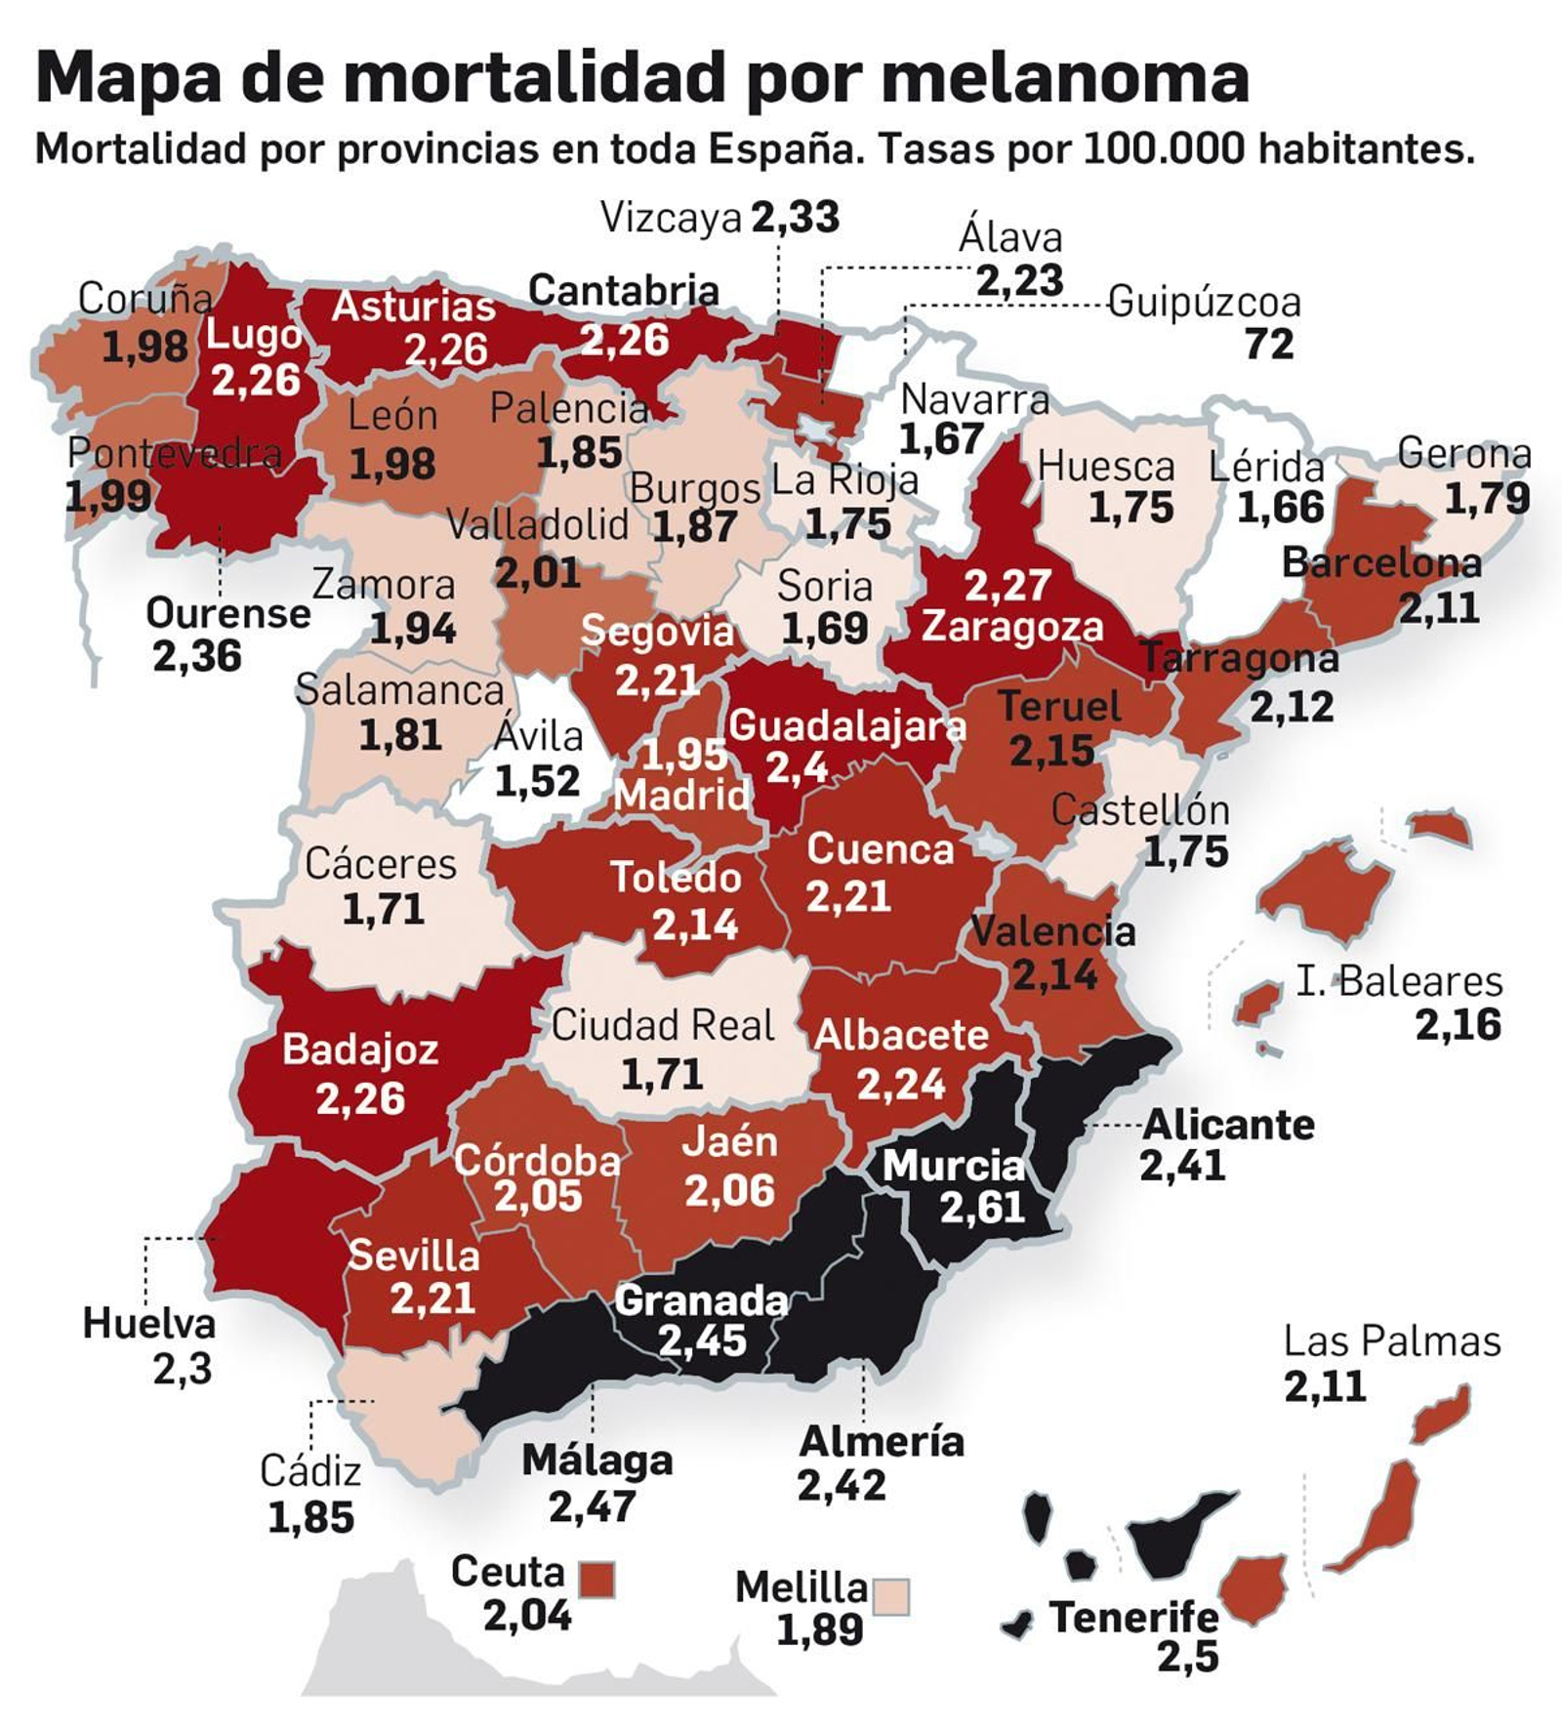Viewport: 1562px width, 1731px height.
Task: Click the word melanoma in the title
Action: click(x=1064, y=78)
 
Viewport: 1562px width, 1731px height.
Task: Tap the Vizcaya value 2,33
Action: click(x=795, y=217)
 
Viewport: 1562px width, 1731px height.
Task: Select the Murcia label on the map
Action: click(x=953, y=1166)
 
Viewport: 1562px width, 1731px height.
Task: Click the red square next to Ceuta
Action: click(x=596, y=1579)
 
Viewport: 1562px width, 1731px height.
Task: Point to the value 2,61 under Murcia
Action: click(x=981, y=1209)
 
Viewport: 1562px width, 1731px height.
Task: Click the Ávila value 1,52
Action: click(x=537, y=781)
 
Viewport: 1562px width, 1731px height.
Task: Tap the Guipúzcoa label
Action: click(x=1204, y=303)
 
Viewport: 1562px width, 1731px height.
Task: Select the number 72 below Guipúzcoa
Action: click(x=1269, y=345)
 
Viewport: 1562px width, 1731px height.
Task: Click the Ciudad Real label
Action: click(x=662, y=1025)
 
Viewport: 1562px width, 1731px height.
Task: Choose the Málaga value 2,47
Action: click(x=592, y=1507)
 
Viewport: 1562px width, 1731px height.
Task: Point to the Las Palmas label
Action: click(x=1391, y=1341)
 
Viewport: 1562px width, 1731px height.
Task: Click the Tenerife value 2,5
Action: click(x=1187, y=1657)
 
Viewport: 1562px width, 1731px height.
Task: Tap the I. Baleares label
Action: click(x=1398, y=981)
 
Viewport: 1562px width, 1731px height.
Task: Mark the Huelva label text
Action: click(x=148, y=1324)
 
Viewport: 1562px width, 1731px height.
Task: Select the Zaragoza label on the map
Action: click(x=1011, y=627)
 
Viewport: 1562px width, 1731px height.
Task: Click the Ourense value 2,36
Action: click(x=196, y=656)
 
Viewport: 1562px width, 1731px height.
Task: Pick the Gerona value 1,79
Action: click(x=1486, y=499)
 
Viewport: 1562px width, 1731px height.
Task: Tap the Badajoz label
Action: click(x=359, y=1051)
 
